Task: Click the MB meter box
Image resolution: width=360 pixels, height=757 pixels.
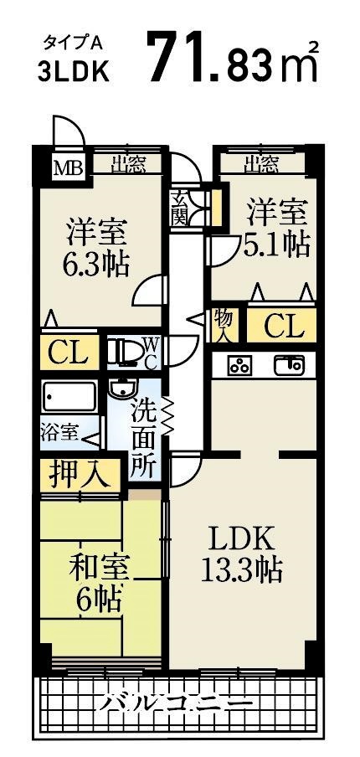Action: (69, 167)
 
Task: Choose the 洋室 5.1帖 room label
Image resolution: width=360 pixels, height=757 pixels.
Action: (277, 227)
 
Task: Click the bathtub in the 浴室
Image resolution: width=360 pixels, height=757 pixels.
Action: (70, 397)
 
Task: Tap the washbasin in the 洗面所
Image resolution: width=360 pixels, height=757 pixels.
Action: (122, 391)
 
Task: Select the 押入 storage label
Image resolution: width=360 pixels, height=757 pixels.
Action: (80, 476)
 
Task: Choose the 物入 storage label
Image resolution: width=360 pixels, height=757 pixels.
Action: (223, 323)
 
